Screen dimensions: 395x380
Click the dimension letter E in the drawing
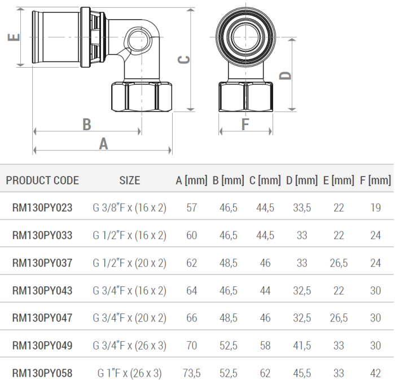(x=14, y=37)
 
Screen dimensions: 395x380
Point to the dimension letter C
(x=184, y=60)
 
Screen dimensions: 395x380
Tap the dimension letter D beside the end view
(x=285, y=76)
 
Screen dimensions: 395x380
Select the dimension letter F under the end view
(x=245, y=125)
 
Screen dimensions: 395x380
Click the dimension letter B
(x=87, y=125)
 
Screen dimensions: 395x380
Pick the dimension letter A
(x=103, y=144)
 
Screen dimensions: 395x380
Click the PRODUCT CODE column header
(x=42, y=180)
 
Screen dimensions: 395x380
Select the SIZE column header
(x=130, y=180)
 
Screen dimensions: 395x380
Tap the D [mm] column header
(x=302, y=180)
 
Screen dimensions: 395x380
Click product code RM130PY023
(x=42, y=208)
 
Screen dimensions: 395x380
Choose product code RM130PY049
(x=42, y=346)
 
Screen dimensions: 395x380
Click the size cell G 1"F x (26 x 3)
(x=130, y=373)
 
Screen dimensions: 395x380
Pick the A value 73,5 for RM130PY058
(x=191, y=373)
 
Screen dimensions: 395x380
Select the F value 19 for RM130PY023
(x=375, y=208)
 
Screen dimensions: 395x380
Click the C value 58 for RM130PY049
(x=265, y=346)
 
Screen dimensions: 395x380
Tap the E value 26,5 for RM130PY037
(x=339, y=263)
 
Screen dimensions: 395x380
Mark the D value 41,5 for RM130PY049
(x=302, y=346)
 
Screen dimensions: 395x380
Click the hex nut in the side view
(x=142, y=96)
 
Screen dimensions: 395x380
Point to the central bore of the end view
(x=245, y=37)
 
